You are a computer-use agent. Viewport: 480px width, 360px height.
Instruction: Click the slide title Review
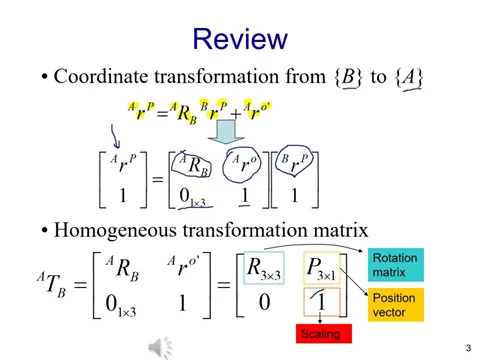tap(240, 39)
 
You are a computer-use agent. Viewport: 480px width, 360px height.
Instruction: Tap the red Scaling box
tap(324, 333)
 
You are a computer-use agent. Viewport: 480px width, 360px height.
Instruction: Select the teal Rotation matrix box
tap(396, 265)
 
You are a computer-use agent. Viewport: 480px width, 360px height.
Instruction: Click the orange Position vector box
tap(396, 305)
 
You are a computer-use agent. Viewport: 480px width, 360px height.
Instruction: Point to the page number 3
tap(468, 348)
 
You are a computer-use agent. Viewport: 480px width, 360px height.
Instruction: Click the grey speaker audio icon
tap(160, 348)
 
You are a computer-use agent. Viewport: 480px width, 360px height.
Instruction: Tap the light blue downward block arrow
tap(226, 132)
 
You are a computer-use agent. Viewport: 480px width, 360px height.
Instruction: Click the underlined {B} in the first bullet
tap(348, 77)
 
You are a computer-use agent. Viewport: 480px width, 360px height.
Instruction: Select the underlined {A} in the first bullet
tap(409, 78)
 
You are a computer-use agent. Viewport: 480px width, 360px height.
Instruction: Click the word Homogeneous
tap(115, 230)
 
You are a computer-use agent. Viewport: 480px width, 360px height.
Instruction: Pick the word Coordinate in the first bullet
tap(101, 76)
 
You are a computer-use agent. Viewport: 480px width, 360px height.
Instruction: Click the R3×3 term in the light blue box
tap(264, 268)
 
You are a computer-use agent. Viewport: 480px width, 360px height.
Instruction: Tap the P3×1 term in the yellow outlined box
tap(321, 268)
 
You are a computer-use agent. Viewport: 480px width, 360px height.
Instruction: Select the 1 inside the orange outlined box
tap(321, 301)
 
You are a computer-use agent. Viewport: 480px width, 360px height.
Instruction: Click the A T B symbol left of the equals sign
tap(52, 283)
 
